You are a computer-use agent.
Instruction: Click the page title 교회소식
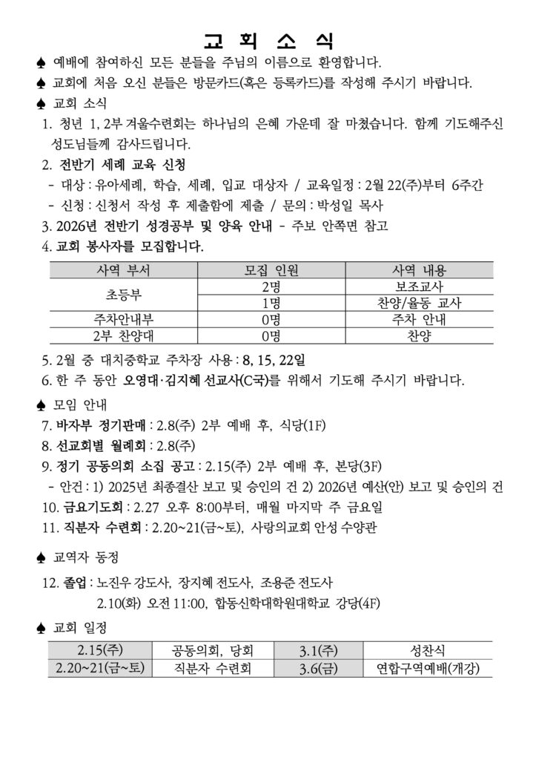coord(268,39)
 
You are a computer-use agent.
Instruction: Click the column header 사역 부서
coord(123,270)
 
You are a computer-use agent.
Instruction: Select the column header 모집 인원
coord(271,270)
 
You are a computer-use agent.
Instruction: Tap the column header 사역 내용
coord(419,270)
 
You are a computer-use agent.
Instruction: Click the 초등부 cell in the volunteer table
coord(123,295)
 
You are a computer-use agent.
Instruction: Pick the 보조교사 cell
coord(419,286)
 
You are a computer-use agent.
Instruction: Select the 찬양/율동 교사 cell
coord(419,304)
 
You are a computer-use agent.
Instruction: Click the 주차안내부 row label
coord(123,320)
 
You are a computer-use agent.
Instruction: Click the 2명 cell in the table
coord(271,286)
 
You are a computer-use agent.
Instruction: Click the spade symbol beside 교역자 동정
coord(41,557)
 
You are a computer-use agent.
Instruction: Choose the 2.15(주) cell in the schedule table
coord(100,651)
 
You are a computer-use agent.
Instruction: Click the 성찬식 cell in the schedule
coord(428,651)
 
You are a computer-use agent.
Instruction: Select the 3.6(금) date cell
coord(319,668)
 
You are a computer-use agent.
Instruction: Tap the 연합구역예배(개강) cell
coord(428,668)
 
